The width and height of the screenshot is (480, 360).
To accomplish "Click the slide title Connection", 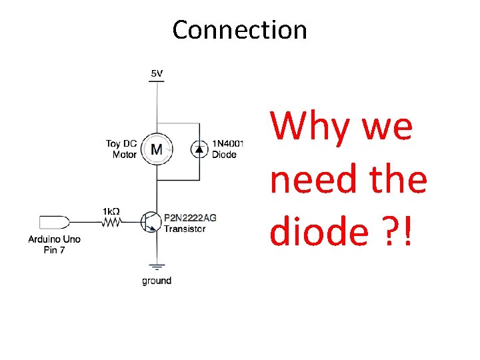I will tap(239, 30).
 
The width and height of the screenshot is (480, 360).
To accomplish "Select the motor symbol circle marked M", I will tap(157, 149).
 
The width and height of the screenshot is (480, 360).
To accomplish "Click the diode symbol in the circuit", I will tap(199, 149).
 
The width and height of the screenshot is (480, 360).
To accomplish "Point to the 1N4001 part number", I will tap(228, 143).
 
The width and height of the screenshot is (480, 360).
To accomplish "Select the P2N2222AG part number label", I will tap(190, 217).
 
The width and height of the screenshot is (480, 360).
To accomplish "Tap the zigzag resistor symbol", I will tap(111, 222).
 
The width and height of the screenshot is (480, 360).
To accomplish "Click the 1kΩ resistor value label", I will tap(111, 211).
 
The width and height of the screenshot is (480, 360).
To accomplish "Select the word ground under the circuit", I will tap(157, 281).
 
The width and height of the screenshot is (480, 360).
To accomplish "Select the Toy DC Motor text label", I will tap(121, 149).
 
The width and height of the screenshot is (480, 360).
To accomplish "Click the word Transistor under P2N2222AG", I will tap(185, 229).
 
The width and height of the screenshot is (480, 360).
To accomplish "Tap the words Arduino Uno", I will tap(54, 239).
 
